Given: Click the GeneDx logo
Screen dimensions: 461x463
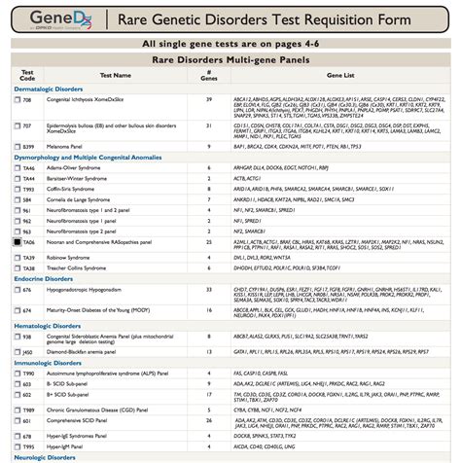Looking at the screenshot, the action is click(59, 19).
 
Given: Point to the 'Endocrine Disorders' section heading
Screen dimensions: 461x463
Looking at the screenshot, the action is click(48, 277).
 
